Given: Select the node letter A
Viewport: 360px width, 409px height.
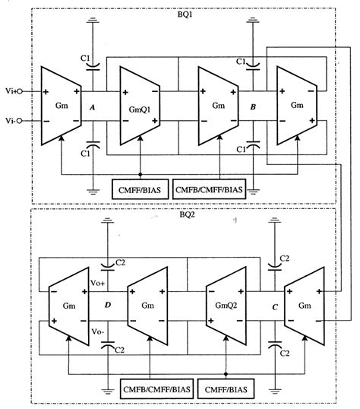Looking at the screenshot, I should [x=93, y=107].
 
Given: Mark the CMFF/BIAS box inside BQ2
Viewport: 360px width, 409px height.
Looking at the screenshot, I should [x=226, y=389].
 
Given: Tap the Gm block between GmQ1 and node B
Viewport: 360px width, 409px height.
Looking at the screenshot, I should [x=218, y=106].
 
